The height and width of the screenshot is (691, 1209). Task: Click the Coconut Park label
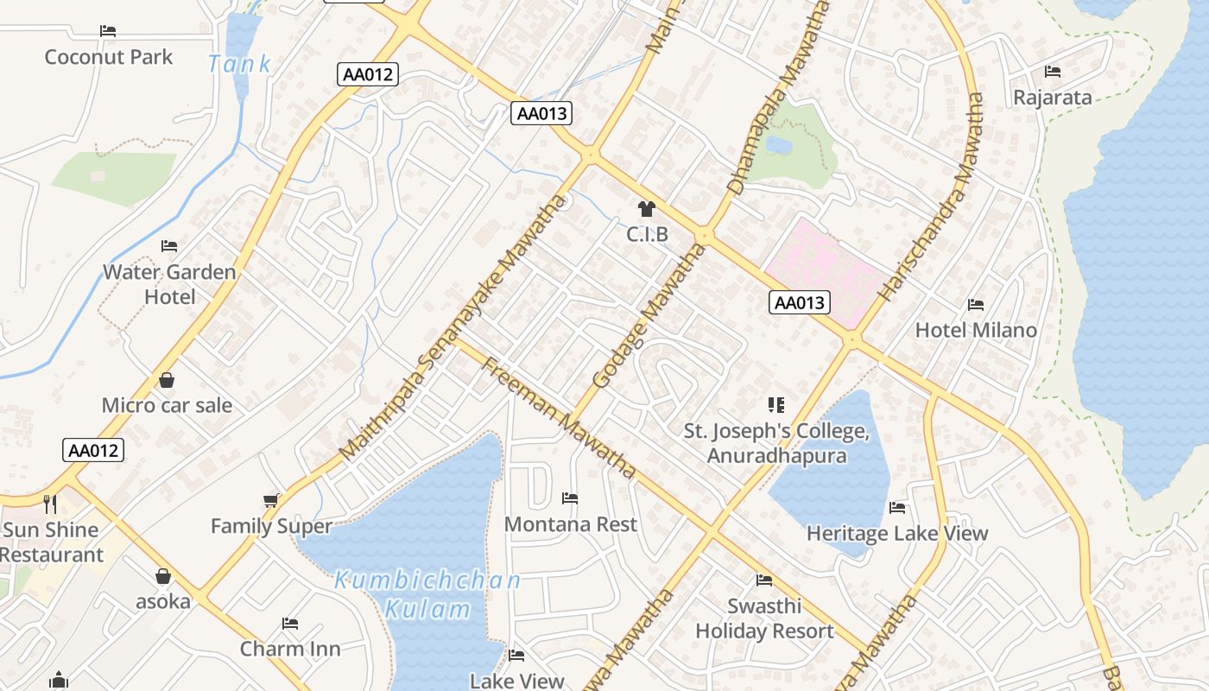(x=109, y=57)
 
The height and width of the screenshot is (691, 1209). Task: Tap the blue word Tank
(x=239, y=63)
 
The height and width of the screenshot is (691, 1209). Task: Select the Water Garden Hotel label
(x=169, y=284)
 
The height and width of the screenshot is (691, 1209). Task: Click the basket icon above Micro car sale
(x=167, y=380)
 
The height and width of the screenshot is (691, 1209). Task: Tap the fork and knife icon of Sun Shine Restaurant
(x=50, y=503)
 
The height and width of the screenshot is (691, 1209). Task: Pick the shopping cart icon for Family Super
(x=271, y=501)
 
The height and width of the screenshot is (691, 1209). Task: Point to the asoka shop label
(x=163, y=601)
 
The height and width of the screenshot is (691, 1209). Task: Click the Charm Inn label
(x=290, y=649)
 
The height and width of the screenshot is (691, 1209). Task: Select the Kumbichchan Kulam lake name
(x=427, y=594)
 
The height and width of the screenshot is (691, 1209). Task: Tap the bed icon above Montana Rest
(x=570, y=498)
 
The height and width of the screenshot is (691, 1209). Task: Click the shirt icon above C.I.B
(x=646, y=208)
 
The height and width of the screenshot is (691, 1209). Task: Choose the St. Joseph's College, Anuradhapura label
(x=776, y=443)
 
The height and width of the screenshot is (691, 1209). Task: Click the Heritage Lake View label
(x=897, y=533)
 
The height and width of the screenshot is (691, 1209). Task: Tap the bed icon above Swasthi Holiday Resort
(x=764, y=580)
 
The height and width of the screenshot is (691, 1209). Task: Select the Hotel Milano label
(x=976, y=330)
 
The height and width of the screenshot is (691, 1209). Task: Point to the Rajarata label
(x=1053, y=97)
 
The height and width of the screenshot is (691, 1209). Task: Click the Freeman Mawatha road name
(x=559, y=416)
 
